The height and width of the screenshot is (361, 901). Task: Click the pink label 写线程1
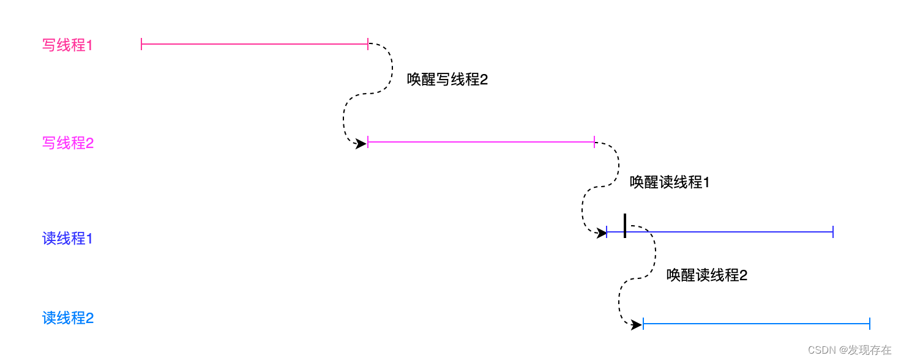[67, 45]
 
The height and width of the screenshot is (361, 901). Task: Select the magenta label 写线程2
[67, 143]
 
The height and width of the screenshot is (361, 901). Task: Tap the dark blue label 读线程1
[67, 239]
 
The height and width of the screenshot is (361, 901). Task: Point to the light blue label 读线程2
[67, 318]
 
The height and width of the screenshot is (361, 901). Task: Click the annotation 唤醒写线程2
[447, 80]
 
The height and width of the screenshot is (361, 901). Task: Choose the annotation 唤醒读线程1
[670, 182]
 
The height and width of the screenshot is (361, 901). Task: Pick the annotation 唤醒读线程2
[707, 275]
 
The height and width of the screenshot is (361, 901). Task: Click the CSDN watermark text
[850, 350]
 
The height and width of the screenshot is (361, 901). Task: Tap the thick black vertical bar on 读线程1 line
[624, 226]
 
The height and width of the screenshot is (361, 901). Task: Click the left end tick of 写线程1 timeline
[141, 44]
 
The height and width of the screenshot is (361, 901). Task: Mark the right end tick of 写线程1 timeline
[368, 44]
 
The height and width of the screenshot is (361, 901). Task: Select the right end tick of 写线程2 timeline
[594, 142]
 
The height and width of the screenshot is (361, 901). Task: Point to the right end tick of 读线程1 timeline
[833, 232]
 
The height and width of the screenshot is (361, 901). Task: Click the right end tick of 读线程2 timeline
[870, 324]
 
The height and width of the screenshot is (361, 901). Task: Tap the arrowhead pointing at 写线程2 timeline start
[361, 144]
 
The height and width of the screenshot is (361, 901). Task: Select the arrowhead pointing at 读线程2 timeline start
[637, 325]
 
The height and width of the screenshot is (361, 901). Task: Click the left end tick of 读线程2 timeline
[643, 324]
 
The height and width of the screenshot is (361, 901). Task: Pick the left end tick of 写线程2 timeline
[368, 142]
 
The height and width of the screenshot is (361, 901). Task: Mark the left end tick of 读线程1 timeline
[607, 232]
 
